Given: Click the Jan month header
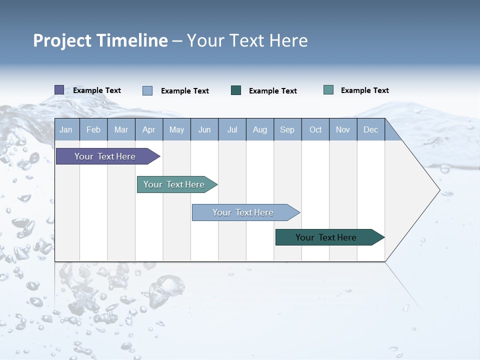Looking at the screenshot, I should (66, 129).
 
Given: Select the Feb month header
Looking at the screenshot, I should (93, 129).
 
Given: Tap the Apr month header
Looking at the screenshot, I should (148, 129).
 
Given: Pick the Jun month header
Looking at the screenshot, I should (204, 129).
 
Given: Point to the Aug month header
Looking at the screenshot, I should (260, 129).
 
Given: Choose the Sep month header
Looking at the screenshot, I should (287, 129).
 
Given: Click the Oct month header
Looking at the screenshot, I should (315, 129).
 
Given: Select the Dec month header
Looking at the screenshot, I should (371, 129).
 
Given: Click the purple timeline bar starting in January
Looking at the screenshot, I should (105, 156).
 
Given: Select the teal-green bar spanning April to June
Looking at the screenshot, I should (174, 184).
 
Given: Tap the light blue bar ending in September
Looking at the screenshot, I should (243, 212).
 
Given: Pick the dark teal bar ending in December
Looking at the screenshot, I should (326, 237).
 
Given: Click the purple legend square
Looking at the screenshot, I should (59, 90).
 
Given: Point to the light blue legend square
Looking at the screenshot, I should (147, 90).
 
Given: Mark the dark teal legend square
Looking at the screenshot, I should (236, 90).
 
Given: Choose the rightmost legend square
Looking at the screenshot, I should (328, 90).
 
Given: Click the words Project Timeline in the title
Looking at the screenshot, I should (100, 40).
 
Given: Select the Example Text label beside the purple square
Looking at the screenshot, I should (97, 90).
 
